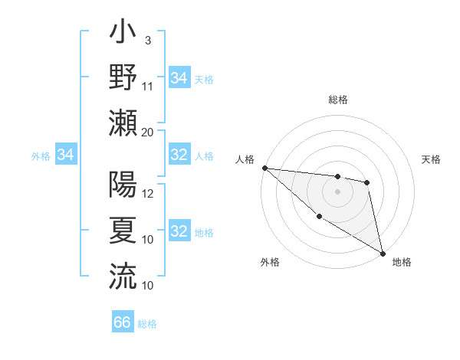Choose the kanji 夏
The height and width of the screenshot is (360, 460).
123,230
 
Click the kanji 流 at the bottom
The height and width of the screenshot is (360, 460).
123,275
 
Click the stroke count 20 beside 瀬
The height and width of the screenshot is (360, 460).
148,131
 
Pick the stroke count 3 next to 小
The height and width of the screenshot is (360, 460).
147,41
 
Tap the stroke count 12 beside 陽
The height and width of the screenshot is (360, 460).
148,194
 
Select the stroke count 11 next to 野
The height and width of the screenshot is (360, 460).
148,86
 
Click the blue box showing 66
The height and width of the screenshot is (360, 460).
123,322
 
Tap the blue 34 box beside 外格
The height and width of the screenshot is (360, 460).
66,155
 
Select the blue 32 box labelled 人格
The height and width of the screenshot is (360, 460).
179,155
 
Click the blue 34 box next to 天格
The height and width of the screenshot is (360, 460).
179,77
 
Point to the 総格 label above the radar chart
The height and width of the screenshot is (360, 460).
337,100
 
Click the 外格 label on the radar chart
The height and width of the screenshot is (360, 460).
270,262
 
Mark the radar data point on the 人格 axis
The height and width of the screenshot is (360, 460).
264,168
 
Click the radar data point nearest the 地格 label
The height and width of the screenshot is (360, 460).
383,253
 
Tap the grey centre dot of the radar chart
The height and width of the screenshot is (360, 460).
337,191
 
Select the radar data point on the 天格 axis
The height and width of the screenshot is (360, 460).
367,182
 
